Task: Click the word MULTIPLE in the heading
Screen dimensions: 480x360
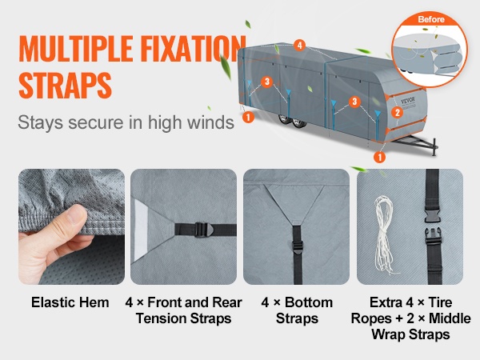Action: [76, 49]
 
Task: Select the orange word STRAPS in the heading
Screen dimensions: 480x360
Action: [66, 85]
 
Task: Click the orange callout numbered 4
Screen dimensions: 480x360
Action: [299, 46]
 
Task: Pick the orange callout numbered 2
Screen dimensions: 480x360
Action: [398, 112]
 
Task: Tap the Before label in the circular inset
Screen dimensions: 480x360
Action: [431, 19]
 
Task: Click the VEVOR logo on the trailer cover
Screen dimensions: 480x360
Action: [408, 101]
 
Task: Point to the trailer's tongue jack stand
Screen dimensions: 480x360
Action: [434, 147]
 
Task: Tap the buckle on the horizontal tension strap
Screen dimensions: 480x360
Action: [202, 230]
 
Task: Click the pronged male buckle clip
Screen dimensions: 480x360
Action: [433, 236]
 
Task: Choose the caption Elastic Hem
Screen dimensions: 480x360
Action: [70, 302]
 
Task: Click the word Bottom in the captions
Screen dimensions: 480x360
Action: [309, 302]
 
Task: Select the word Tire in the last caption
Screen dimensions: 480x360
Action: [440, 302]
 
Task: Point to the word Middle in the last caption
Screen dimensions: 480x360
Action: [450, 318]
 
